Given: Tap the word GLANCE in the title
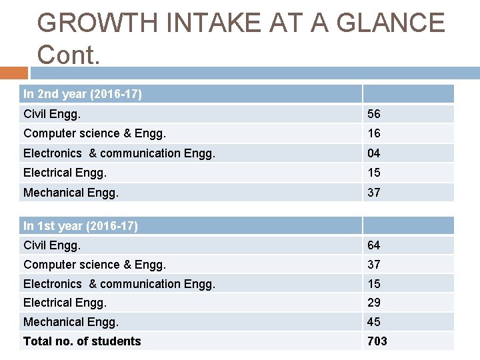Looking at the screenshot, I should (x=392, y=23).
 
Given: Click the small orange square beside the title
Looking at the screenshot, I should (x=14, y=73).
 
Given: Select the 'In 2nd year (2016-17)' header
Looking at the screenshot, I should (x=83, y=94).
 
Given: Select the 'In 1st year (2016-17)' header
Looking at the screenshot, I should (x=81, y=226).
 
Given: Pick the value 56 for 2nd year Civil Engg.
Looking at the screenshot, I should (x=374, y=114).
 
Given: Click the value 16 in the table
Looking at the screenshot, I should (x=374, y=133).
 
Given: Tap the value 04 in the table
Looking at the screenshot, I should (x=374, y=153).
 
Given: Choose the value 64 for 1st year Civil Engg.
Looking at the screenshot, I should (x=374, y=245).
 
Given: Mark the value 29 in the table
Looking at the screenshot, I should (x=374, y=303).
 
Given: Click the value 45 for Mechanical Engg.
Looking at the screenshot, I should (x=374, y=322).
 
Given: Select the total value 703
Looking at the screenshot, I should (x=377, y=341).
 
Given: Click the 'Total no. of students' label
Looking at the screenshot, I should (x=82, y=341).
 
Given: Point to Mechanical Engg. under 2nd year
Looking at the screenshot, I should (x=71, y=193).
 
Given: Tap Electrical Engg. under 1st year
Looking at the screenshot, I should (x=65, y=303).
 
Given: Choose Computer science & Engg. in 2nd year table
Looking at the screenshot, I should (x=95, y=133).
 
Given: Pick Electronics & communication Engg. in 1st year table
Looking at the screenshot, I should (x=119, y=284).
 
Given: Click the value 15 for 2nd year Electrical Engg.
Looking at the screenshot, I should (x=374, y=173).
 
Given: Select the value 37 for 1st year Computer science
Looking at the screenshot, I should (x=374, y=265).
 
